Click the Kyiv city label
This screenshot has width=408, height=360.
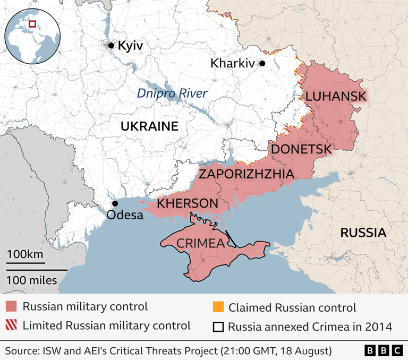coord(130,46)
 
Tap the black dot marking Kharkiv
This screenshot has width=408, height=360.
coord(262,63)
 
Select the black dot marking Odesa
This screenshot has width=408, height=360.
coord(114,204)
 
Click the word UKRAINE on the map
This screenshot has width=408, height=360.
coord(149,126)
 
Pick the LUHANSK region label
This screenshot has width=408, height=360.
coord(335,96)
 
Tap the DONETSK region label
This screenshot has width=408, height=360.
coord(301,149)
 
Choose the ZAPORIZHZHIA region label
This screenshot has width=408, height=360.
coord(246,174)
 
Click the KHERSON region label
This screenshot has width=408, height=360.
coord(188,203)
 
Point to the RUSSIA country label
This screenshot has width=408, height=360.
coord(363,232)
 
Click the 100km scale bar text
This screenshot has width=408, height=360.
coord(25,254)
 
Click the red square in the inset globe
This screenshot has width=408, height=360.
coord(32,24)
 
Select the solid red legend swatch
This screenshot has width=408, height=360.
coord(11,307)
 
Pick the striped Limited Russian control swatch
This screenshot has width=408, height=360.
coord(11,325)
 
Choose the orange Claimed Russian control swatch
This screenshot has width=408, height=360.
coord(217,307)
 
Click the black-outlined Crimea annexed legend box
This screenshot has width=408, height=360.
coord(217,326)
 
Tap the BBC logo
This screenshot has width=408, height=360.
coord(384,350)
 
